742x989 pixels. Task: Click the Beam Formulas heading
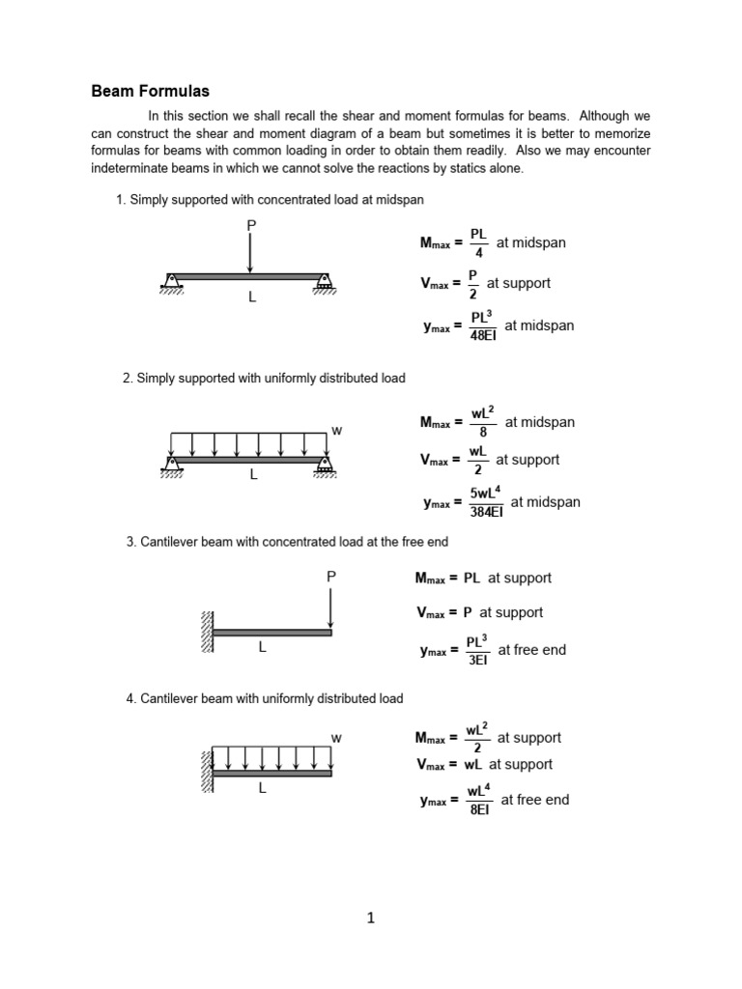pos(150,92)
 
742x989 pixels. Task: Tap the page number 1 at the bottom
pos(370,918)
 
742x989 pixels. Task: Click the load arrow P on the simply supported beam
pos(250,253)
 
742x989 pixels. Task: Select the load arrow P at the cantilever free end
pos(330,607)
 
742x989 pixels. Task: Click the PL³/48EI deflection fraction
pos(481,326)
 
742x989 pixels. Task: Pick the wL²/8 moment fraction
pos(483,422)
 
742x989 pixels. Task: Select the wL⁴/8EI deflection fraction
pos(480,801)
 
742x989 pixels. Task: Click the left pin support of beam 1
pos(171,282)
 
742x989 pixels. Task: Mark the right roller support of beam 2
pos(324,467)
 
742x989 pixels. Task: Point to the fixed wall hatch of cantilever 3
pos(207,634)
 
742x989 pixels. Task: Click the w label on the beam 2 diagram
pos(336,430)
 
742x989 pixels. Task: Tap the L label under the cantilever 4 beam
pos(261,788)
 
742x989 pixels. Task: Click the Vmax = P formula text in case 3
pos(479,612)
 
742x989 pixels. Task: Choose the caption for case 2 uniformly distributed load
pos(264,379)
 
